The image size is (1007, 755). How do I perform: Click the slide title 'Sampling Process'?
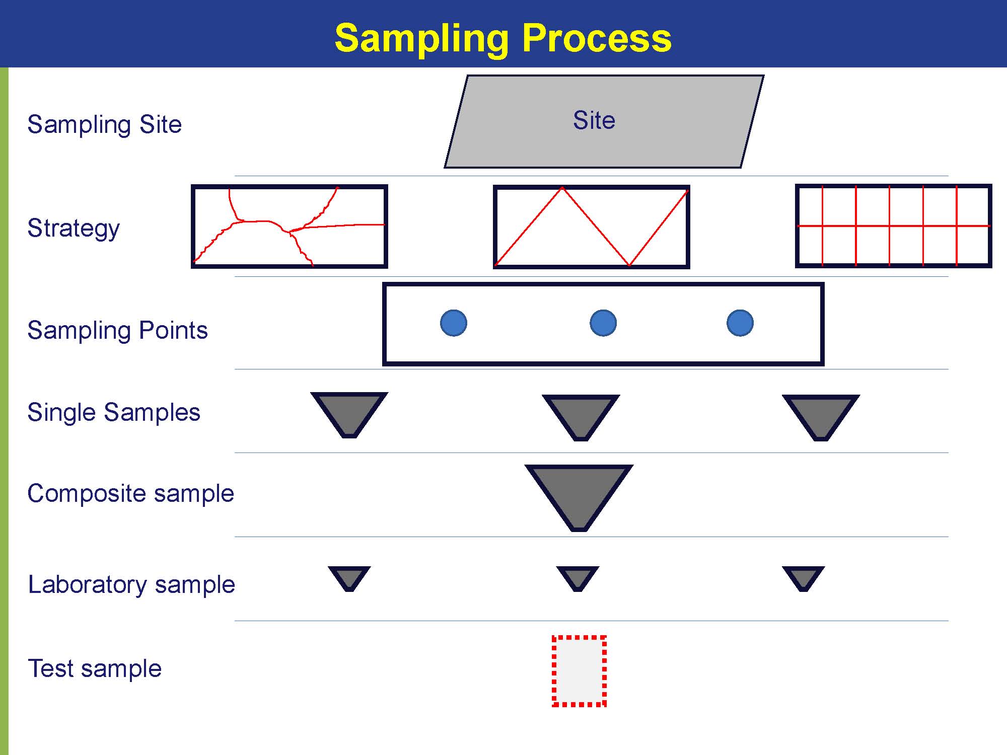503,38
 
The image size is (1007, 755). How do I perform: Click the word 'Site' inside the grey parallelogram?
594,120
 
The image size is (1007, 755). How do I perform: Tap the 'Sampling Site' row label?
104,124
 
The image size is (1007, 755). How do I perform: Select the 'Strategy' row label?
74,228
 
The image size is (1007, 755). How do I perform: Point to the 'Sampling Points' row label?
117,331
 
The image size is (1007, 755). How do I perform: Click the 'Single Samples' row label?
114,412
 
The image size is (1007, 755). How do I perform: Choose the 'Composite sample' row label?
131,493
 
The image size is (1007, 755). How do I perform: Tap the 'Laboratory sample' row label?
131,584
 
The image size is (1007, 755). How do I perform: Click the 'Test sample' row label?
95,668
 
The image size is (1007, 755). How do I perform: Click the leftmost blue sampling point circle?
454,323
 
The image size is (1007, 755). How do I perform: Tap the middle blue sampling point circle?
603,323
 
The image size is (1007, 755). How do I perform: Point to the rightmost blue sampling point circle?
740,323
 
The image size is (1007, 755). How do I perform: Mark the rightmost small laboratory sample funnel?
804,577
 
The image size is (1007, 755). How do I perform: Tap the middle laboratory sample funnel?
578,577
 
